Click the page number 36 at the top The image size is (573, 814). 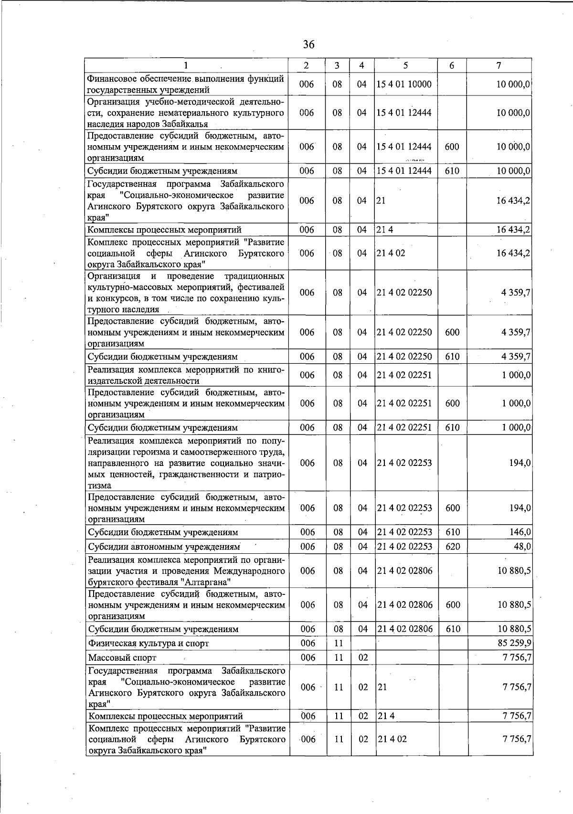click(x=309, y=45)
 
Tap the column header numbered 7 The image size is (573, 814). click(x=499, y=65)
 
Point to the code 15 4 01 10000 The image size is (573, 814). click(x=404, y=85)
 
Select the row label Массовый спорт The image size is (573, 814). click(x=122, y=658)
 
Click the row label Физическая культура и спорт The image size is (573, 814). click(x=149, y=643)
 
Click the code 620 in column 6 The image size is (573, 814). click(x=452, y=546)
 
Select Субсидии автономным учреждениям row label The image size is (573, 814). click(x=163, y=546)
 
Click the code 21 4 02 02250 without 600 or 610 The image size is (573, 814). click(x=404, y=292)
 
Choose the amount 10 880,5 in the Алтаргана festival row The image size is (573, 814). click(x=514, y=571)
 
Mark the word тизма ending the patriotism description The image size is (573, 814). click(x=99, y=486)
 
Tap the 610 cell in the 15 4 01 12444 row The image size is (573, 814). click(x=452, y=170)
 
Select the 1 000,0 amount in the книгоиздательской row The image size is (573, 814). click(x=516, y=375)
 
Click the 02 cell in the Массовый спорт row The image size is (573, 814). click(x=363, y=658)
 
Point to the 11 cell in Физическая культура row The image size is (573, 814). click(x=339, y=643)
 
